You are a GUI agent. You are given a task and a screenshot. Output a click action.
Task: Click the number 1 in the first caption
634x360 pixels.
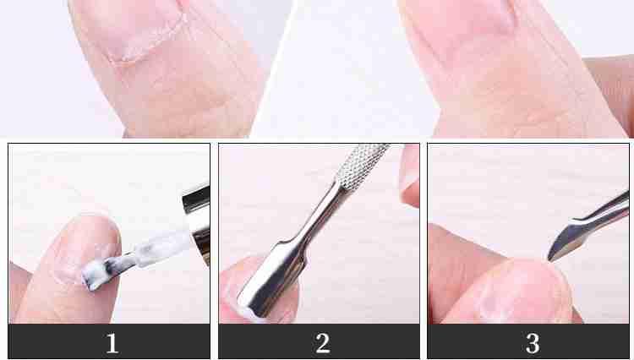[112, 343]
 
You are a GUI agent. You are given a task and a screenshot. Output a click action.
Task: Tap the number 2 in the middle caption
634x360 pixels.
[322, 343]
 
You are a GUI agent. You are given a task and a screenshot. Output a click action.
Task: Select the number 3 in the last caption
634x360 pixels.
[533, 343]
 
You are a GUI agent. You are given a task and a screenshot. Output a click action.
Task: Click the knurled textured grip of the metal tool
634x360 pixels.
[361, 166]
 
